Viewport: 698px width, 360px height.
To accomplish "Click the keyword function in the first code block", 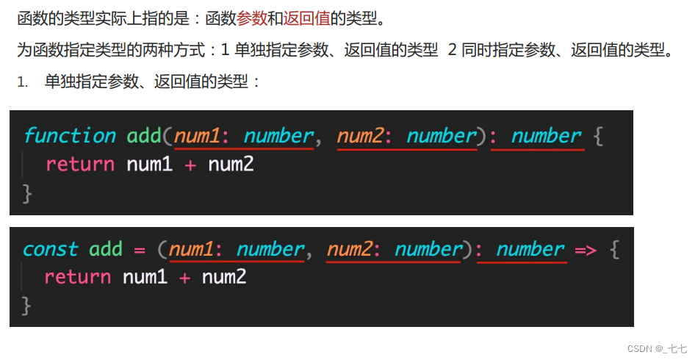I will (70, 136).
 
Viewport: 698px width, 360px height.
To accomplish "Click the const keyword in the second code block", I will (50, 250).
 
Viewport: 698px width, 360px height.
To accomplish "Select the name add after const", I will (106, 250).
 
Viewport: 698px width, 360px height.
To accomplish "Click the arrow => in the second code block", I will (586, 250).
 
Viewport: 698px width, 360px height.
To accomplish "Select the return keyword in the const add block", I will (78, 278).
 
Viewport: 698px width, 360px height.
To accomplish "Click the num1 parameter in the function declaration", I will (198, 136).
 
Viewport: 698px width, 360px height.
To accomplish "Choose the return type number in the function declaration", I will (546, 136).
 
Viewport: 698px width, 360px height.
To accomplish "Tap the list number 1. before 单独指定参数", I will (23, 82).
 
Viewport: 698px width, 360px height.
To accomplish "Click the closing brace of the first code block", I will (28, 192).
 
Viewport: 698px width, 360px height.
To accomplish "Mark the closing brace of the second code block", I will (27, 306).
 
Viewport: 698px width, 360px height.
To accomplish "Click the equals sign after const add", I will (140, 250).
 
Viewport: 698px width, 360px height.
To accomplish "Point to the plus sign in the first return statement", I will (190, 165).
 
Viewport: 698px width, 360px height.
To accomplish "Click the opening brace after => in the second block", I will (614, 250).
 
